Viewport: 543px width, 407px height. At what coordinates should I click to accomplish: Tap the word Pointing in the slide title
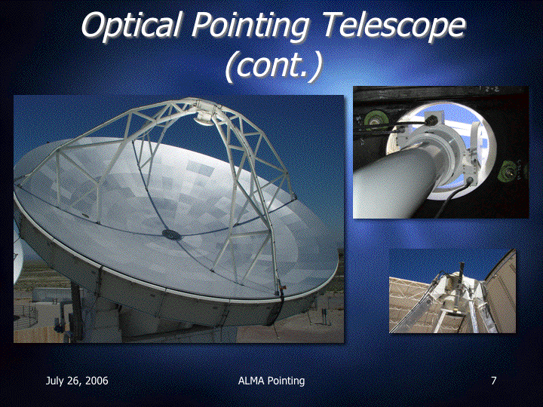pyautogui.click(x=250, y=25)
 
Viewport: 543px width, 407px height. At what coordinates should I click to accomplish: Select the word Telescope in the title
pyautogui.click(x=394, y=25)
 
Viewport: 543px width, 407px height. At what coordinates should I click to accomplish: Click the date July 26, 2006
pyautogui.click(x=77, y=381)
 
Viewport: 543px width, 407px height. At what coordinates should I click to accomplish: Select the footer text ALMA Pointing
pyautogui.click(x=271, y=381)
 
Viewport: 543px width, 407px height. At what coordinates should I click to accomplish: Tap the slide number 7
pyautogui.click(x=494, y=381)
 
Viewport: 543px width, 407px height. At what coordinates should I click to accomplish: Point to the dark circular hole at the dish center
pyautogui.click(x=171, y=234)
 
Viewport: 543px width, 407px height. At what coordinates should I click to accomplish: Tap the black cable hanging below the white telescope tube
pyautogui.click(x=452, y=197)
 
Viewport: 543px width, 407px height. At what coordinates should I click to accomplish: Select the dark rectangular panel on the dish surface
pyautogui.click(x=200, y=168)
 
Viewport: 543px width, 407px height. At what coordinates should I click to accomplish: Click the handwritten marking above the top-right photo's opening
pyautogui.click(x=486, y=89)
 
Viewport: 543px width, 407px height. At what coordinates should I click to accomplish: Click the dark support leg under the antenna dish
pyautogui.click(x=76, y=311)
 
